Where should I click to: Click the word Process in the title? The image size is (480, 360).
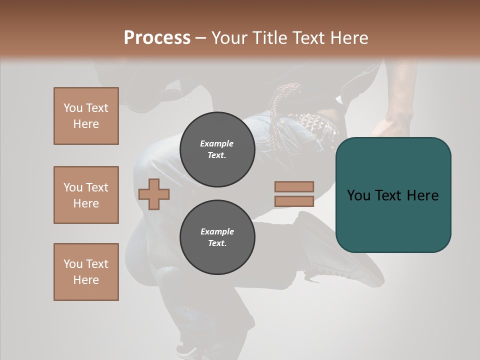[x=157, y=38]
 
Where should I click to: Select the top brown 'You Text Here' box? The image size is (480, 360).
[x=86, y=116]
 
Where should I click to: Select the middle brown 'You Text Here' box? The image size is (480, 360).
[x=86, y=195]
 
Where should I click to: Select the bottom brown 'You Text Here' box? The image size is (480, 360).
[x=86, y=272]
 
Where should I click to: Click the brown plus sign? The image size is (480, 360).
[x=154, y=194]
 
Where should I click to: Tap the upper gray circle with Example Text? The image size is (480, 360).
[x=217, y=149]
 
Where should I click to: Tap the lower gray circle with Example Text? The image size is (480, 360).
[x=217, y=237]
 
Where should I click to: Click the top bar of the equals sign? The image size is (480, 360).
[x=294, y=186]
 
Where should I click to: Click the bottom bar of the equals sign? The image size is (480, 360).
[x=294, y=201]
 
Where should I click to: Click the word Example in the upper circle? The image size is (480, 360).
[x=217, y=143]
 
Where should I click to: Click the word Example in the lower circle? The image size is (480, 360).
[x=217, y=231]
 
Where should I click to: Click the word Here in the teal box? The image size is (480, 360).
[x=422, y=195]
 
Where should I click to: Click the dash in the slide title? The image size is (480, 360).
[x=201, y=38]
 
